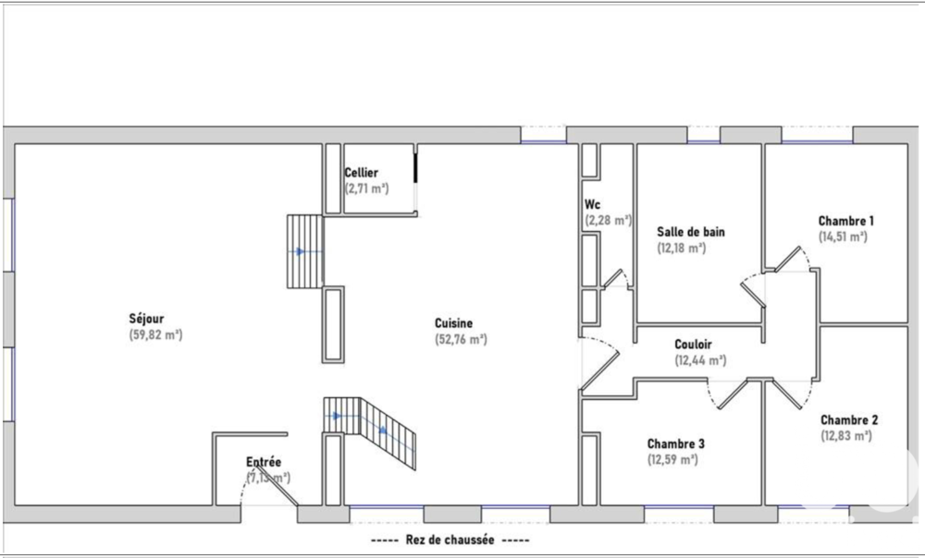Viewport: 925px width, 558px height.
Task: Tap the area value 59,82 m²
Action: (155, 335)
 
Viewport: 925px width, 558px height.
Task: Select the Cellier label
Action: (361, 173)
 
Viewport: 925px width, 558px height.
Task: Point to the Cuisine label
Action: (453, 323)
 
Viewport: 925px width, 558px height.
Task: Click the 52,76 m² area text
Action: (461, 339)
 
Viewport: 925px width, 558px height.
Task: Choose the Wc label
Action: (593, 205)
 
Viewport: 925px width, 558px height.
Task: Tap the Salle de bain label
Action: (690, 232)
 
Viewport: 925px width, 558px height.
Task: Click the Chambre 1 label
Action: (845, 221)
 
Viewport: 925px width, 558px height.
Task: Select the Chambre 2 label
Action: (848, 419)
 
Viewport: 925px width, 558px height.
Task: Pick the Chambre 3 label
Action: (676, 443)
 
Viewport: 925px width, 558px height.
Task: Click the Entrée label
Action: (264, 462)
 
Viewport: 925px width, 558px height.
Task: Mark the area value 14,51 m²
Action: (843, 237)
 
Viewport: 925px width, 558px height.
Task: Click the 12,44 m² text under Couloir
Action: (700, 360)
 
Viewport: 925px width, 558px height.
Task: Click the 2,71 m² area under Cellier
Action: (367, 188)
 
